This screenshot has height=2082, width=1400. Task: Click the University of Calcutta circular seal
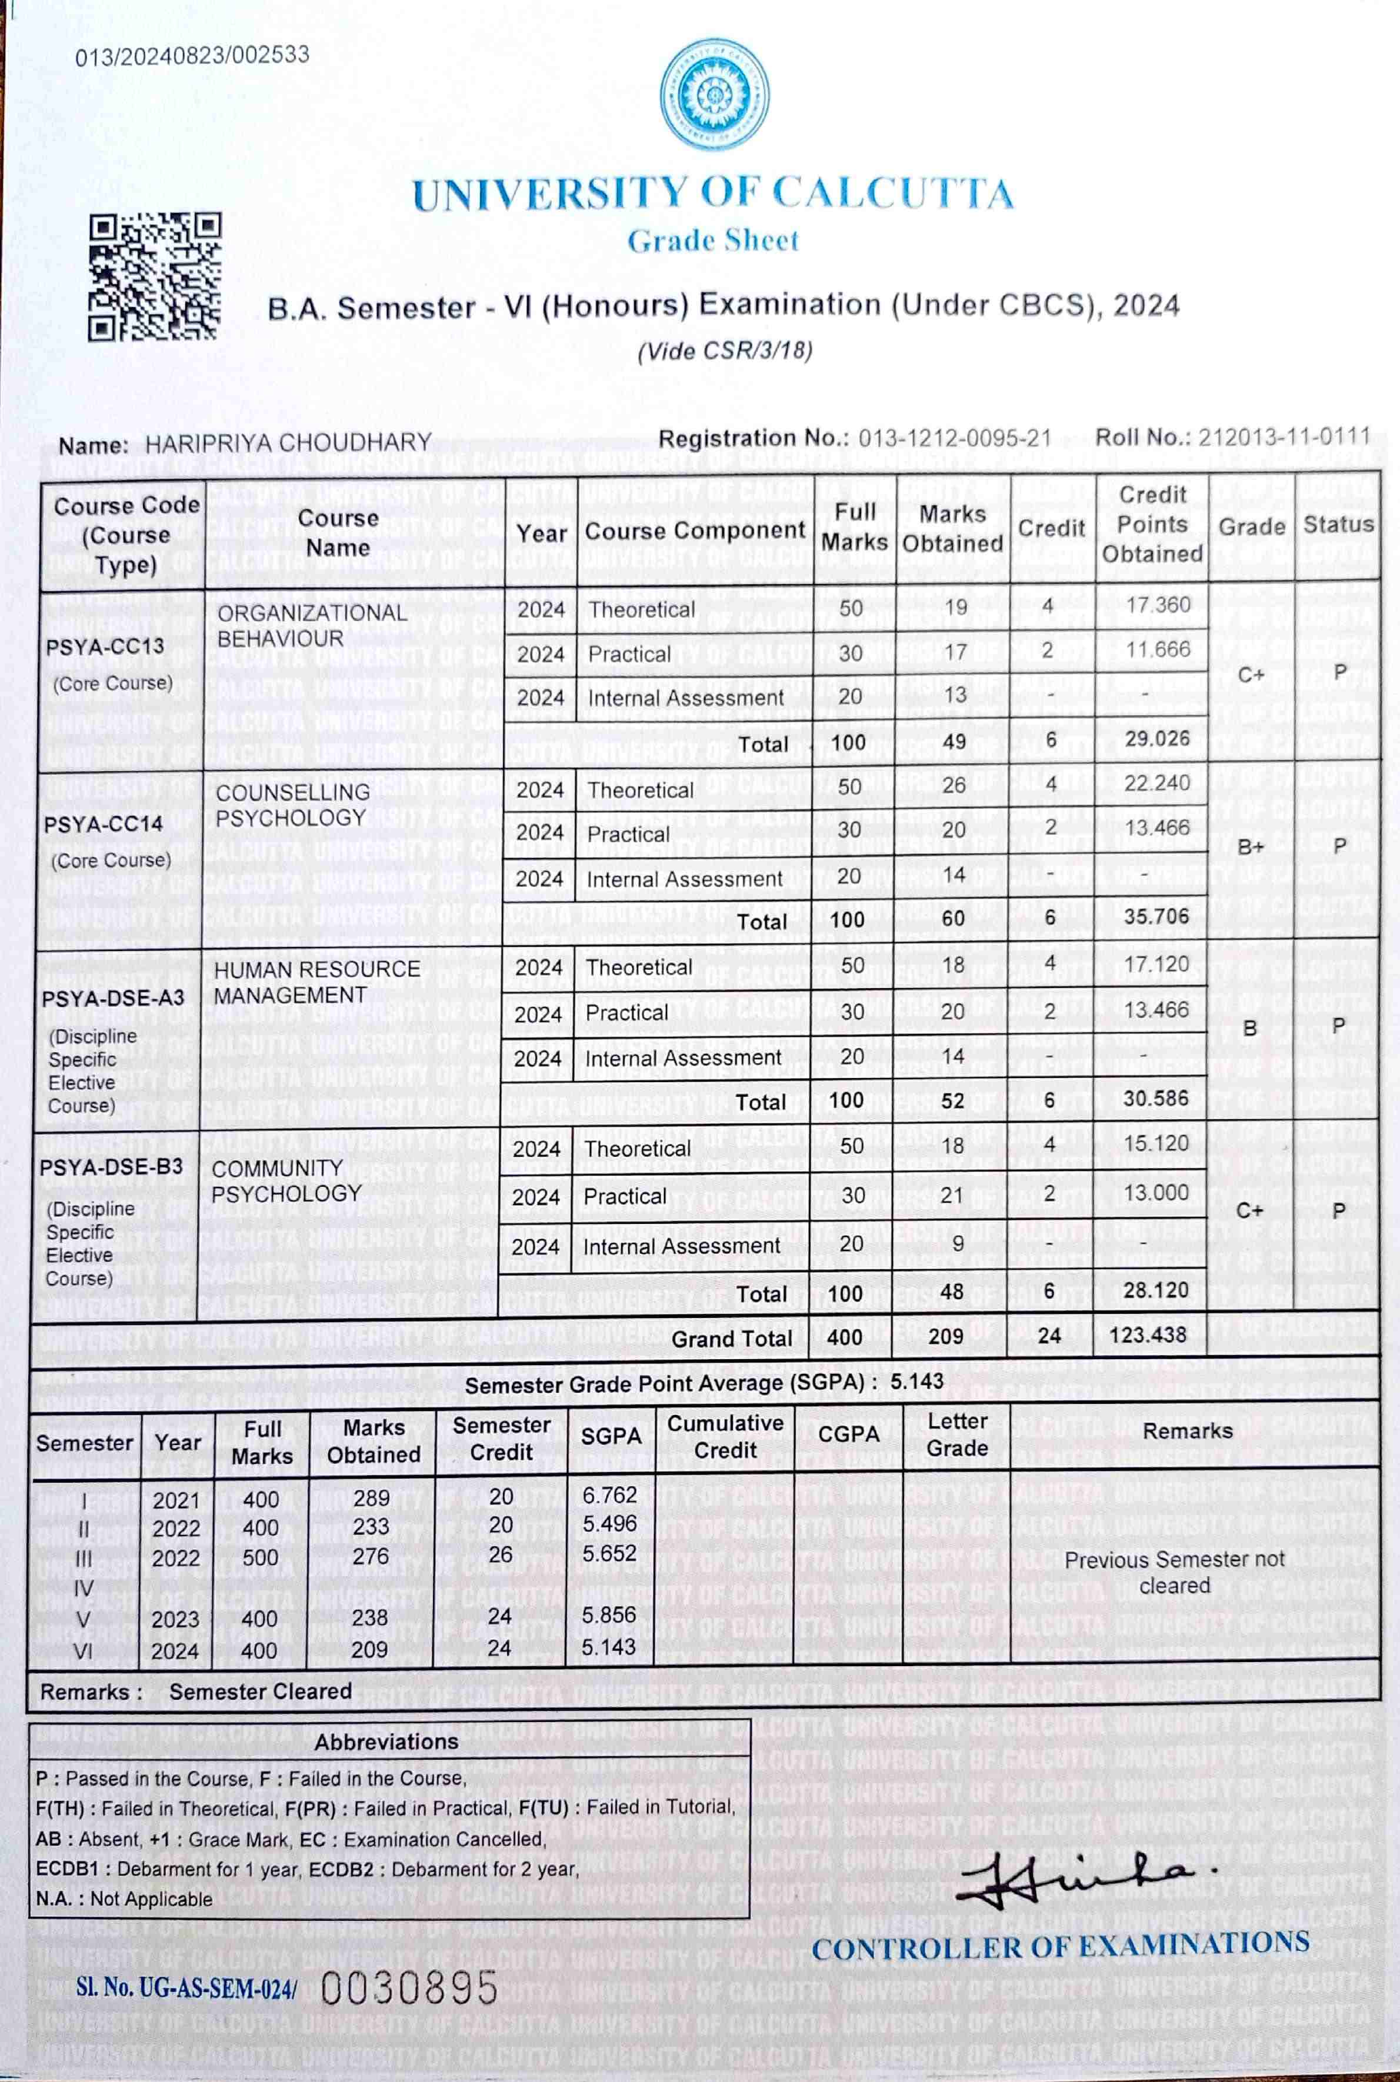(714, 94)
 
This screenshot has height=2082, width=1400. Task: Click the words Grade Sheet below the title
(712, 240)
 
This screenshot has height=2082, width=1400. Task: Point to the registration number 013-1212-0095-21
(955, 438)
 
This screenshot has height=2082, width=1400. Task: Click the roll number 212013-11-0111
(1283, 436)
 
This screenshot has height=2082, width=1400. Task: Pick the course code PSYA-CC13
(105, 646)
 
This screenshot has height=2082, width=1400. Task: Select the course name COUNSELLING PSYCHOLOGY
(292, 805)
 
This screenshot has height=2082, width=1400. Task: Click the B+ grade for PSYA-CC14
(1250, 846)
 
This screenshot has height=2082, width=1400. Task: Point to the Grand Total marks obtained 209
(945, 1336)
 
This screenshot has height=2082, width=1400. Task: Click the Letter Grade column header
(956, 1434)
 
